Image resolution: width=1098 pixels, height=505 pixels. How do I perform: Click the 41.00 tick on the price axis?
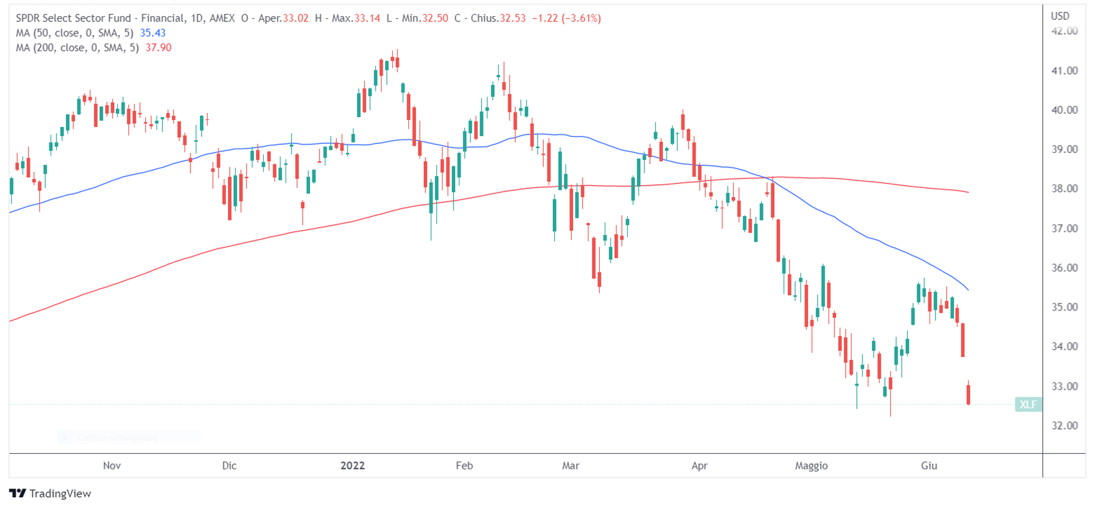[1064, 71]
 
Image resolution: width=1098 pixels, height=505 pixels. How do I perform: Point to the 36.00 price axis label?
[1064, 268]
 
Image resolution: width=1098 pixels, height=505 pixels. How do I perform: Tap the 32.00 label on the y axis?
[1064, 425]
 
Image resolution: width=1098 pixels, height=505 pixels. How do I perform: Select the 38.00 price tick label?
[1064, 189]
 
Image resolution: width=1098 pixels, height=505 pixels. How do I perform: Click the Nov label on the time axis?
[112, 466]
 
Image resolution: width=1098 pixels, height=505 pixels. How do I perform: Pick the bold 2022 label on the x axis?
[352, 466]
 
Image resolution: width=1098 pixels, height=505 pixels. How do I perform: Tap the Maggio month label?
[811, 466]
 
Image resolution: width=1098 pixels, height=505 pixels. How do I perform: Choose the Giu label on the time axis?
[929, 466]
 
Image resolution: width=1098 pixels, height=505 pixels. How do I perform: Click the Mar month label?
[571, 466]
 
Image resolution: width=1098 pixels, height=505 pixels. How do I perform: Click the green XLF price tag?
[1028, 404]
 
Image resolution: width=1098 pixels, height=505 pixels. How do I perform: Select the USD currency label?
[1060, 16]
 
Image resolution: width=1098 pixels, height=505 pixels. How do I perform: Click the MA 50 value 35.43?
[152, 33]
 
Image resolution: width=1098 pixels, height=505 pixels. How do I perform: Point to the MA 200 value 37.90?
[158, 48]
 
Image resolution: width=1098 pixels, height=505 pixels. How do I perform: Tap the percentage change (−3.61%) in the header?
[581, 18]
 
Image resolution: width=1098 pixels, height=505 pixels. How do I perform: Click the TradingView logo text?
[60, 494]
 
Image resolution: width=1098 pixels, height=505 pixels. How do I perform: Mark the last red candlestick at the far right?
[969, 394]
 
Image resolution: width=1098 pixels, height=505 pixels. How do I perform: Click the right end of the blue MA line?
[968, 289]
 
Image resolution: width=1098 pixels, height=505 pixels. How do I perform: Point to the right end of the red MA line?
[968, 192]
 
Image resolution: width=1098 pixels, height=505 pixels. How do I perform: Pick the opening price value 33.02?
[296, 18]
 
